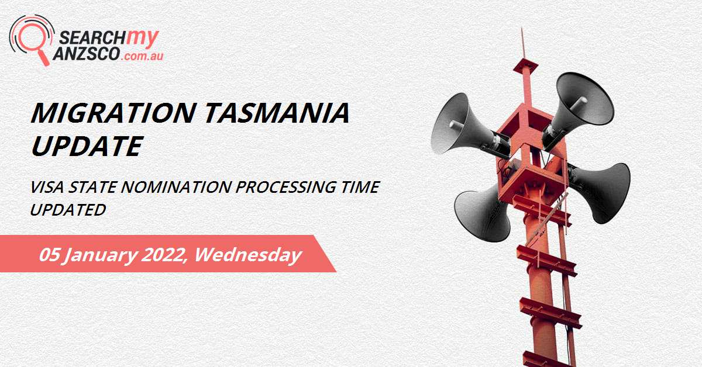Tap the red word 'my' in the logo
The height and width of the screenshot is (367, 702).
coord(143,36)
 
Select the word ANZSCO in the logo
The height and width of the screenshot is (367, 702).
coord(88,55)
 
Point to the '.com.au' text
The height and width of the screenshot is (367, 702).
coord(141,56)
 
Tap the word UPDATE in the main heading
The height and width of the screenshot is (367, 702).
coord(86,146)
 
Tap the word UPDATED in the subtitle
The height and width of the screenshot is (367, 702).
coord(68,209)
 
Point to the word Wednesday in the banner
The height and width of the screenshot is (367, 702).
coord(248,255)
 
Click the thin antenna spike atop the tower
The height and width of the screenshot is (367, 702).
coord(522,44)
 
